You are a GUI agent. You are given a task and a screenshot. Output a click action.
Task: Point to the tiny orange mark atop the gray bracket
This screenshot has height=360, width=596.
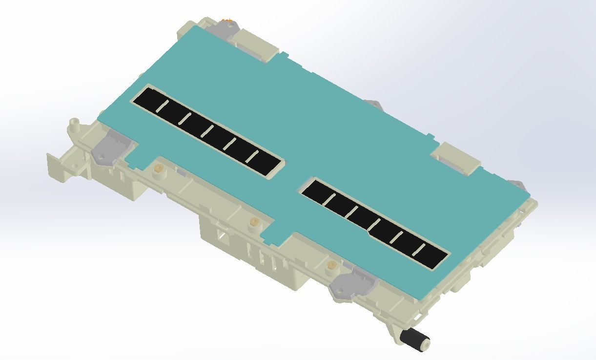pos(227,20)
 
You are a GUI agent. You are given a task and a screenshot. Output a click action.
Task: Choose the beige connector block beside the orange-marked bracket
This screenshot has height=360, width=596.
pos(257,45)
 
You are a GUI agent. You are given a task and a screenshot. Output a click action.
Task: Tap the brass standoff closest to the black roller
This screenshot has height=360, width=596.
pos(331,266)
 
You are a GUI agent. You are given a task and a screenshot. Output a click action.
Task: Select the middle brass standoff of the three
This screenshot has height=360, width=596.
pos(253,223)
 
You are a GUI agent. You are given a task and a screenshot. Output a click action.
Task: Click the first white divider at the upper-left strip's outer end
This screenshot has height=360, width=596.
pos(162,107)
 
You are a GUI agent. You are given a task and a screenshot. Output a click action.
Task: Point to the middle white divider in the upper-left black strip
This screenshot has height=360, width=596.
pos(207,131)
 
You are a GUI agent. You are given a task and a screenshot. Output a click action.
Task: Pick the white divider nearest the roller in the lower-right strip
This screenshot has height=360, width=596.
pos(419,250)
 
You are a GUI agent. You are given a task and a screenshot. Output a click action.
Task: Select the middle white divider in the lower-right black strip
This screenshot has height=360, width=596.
pos(374,225)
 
